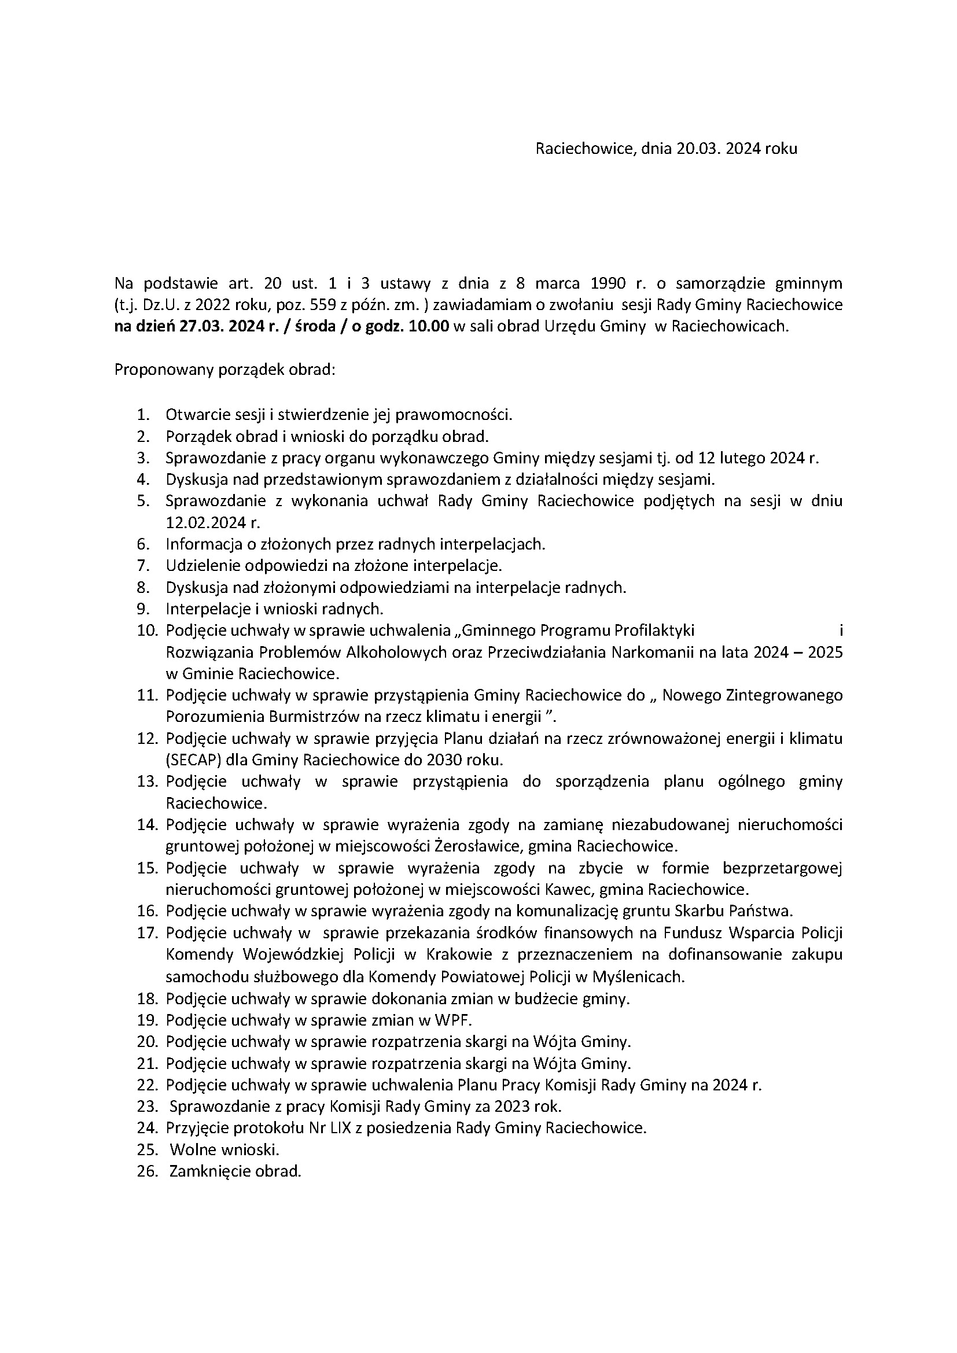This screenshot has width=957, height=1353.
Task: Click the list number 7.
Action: (143, 566)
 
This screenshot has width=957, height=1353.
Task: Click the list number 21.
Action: (147, 1064)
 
